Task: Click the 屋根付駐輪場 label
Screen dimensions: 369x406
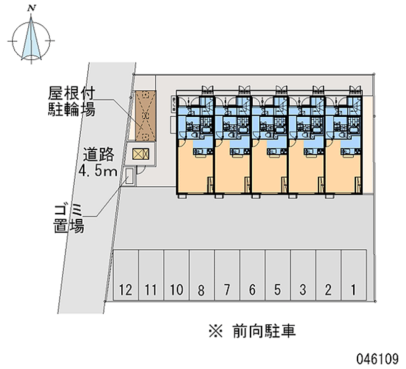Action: point(72,101)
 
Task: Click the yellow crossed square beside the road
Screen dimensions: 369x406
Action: point(140,153)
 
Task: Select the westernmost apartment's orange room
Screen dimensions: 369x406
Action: point(195,170)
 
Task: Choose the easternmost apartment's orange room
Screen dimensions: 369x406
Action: point(344,170)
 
